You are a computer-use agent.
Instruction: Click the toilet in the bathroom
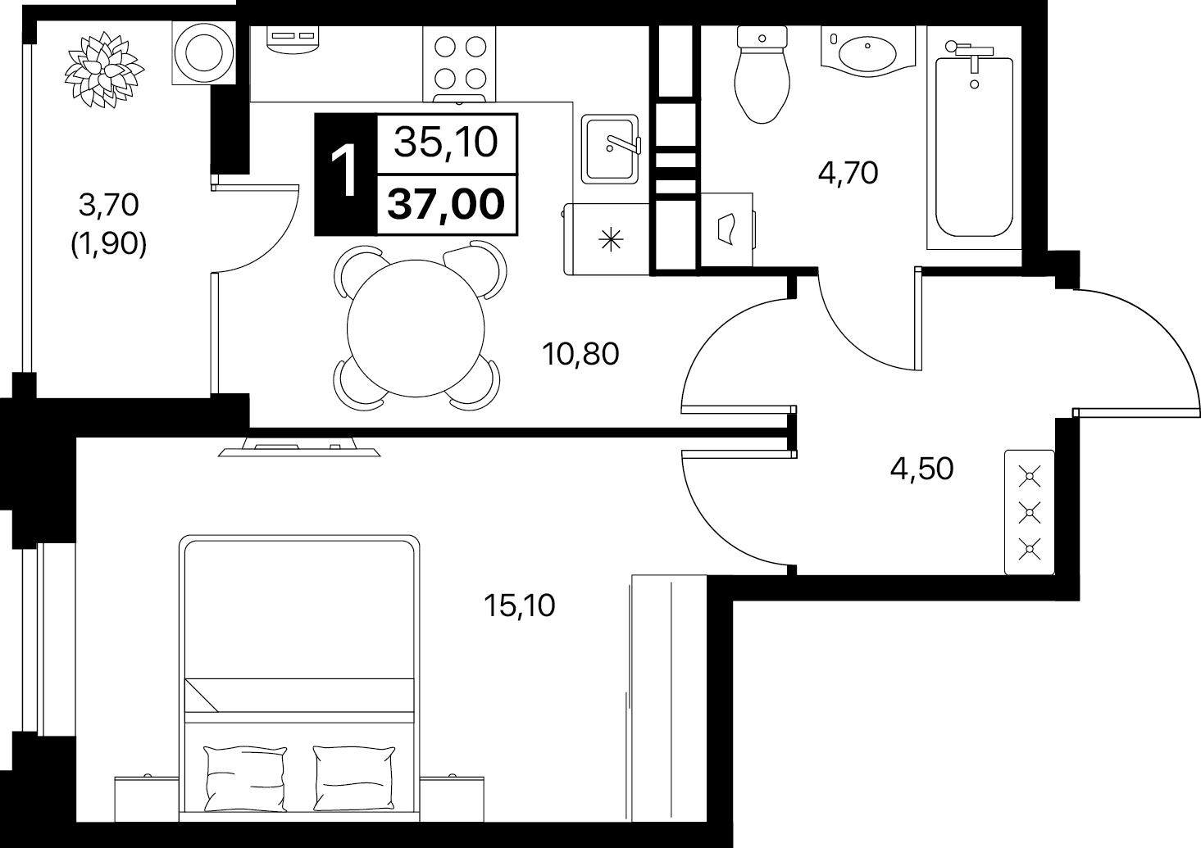(762, 75)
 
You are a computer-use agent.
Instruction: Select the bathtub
(974, 145)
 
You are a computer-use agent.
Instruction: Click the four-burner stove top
(459, 64)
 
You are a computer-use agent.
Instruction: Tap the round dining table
(416, 329)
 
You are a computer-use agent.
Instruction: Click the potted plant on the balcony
(105, 70)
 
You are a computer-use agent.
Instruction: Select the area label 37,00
(446, 204)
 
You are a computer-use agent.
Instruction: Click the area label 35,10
(446, 143)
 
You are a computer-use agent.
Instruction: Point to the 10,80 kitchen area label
(580, 354)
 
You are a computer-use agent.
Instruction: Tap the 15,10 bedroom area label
(519, 605)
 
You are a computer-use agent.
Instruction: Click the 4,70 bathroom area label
(848, 173)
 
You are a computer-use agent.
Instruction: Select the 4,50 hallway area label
(922, 469)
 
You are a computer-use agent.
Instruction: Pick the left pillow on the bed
(245, 778)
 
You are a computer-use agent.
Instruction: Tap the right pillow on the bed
(354, 778)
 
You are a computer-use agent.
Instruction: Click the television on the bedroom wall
(299, 447)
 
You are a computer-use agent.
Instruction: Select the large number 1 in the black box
(343, 173)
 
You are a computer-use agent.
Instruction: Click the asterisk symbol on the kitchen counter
(611, 239)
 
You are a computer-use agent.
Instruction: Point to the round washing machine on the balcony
(203, 52)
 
